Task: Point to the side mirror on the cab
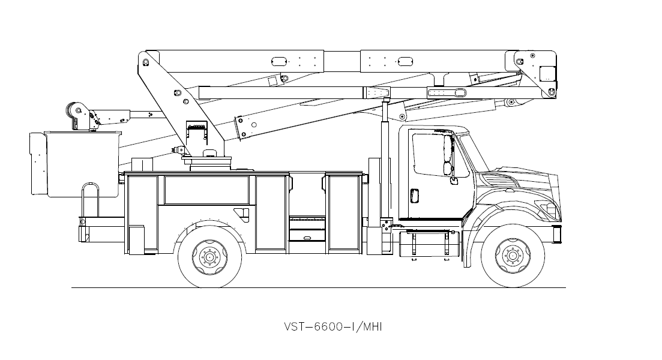point(447,156)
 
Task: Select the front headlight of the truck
point(550,209)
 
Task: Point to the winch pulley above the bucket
point(75,111)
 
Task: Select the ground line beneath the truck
point(318,288)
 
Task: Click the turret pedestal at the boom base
point(207,161)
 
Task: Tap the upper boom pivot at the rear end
point(147,61)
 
